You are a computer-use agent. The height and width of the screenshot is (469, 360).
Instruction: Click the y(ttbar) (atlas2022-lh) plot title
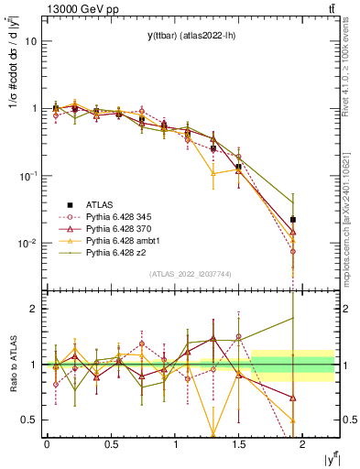(190, 36)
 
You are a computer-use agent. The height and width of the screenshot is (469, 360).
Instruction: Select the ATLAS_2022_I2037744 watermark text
(190, 273)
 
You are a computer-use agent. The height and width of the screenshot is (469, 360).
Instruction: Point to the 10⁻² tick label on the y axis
(28, 244)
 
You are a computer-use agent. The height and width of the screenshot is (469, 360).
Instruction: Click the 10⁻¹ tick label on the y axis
(28, 176)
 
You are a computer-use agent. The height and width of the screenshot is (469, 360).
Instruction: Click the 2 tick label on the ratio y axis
(35, 309)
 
